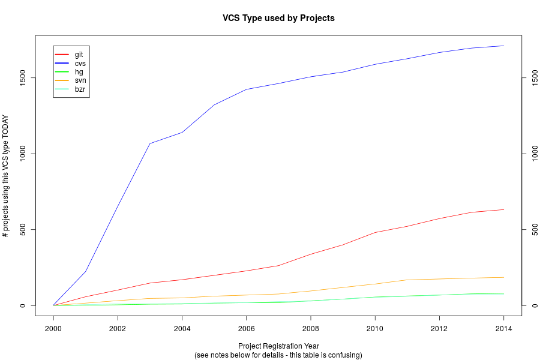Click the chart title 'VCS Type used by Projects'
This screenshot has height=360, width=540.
click(x=278, y=18)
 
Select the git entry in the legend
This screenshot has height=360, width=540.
click(x=79, y=55)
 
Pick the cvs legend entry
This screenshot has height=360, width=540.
click(x=80, y=63)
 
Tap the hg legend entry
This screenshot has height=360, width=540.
click(x=79, y=72)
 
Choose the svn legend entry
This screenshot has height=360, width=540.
click(x=80, y=80)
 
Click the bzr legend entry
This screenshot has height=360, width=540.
click(x=80, y=89)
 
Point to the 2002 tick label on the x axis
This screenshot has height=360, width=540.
click(x=118, y=329)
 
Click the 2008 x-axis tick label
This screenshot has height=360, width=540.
click(x=311, y=329)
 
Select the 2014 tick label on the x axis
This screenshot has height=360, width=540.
click(x=503, y=329)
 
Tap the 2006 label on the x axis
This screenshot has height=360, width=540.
click(x=247, y=329)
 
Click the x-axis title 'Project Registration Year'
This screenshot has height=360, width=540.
click(x=278, y=346)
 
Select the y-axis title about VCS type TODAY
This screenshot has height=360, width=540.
click(x=6, y=176)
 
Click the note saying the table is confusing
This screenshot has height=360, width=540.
click(x=278, y=355)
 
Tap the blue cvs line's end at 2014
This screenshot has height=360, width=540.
click(x=503, y=46)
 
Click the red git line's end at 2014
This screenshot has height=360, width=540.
click(x=503, y=209)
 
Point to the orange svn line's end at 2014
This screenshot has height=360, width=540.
click(x=503, y=277)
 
